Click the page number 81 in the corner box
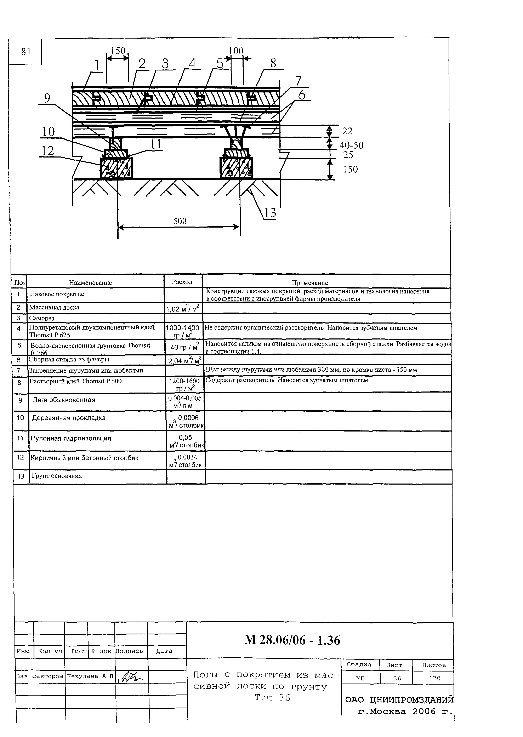[x=25, y=52]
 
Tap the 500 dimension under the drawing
[x=180, y=221]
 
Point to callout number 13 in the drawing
[x=270, y=213]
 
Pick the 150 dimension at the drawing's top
[x=118, y=51]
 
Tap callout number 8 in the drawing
[x=273, y=63]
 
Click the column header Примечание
[x=310, y=283]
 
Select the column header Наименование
[x=91, y=283]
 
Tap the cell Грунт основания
[x=56, y=476]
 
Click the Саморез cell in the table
[x=41, y=318]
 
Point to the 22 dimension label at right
[x=347, y=131]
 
